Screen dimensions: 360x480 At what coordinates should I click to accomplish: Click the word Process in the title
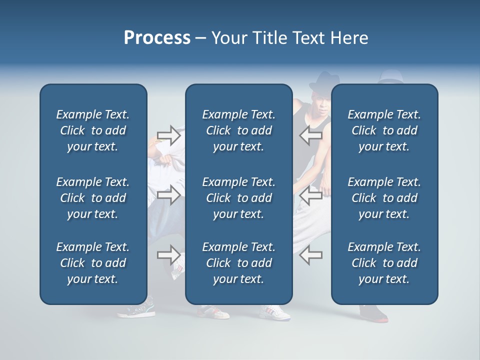(157, 38)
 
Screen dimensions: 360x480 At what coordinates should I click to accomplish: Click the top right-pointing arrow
(169, 135)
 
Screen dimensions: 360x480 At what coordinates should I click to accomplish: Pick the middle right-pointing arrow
(169, 195)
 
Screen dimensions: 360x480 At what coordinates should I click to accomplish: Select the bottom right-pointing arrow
(169, 254)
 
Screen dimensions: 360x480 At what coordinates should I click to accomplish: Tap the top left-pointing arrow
(310, 135)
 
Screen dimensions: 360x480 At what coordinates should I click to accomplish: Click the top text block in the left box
(93, 130)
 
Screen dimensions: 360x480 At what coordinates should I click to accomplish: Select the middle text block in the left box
(93, 198)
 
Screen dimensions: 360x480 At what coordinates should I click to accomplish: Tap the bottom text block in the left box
(93, 263)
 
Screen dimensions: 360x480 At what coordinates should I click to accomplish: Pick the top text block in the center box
(238, 130)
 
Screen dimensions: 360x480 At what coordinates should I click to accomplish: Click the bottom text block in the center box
(238, 263)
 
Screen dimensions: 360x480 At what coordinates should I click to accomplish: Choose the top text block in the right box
(384, 130)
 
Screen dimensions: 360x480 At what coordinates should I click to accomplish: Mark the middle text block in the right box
(384, 198)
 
